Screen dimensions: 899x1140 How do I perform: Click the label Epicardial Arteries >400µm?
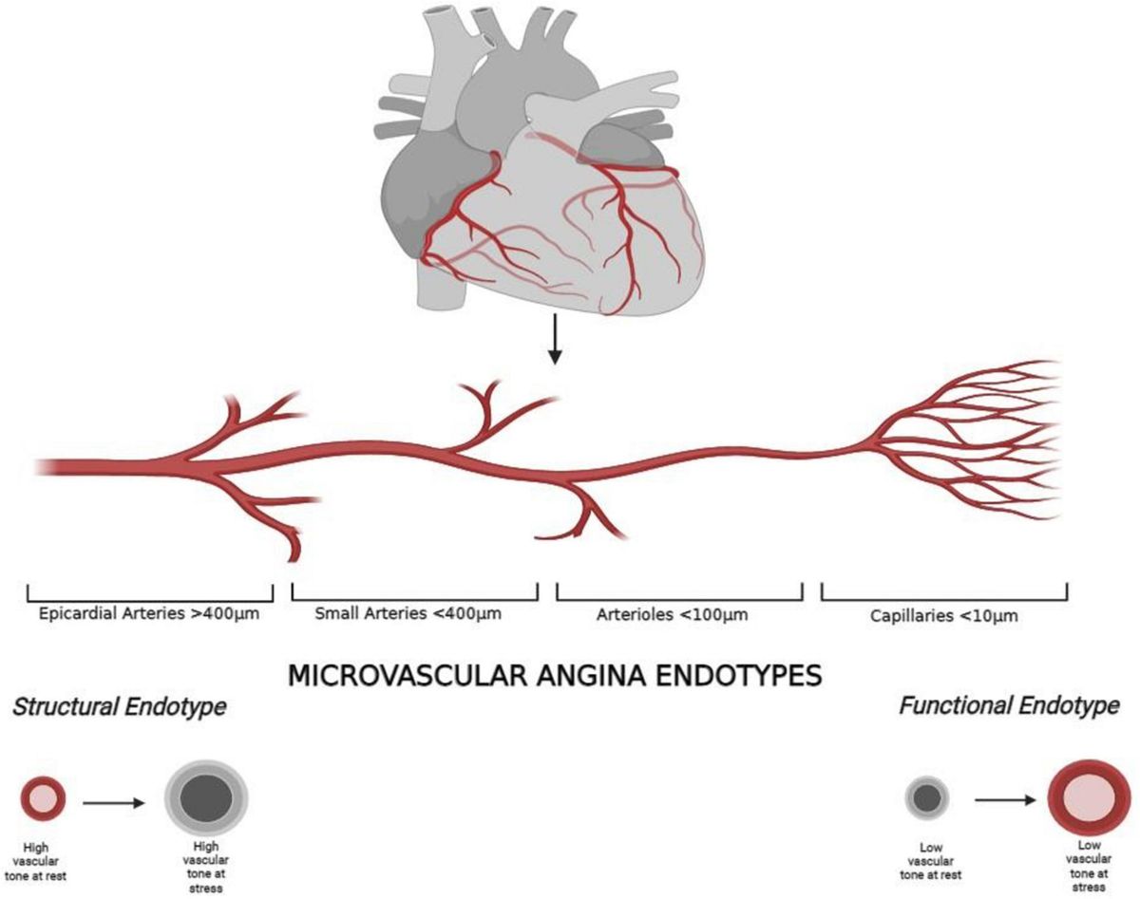[x=149, y=613]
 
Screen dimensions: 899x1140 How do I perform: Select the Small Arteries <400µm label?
[x=408, y=613]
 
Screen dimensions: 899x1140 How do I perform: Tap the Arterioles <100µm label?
[x=673, y=614]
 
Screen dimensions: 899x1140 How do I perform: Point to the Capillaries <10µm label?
[x=944, y=615]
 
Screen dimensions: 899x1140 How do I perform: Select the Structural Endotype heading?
[x=119, y=708]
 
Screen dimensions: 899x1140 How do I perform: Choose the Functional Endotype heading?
[x=1009, y=706]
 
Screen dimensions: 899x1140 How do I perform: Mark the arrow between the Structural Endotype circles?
[x=114, y=802]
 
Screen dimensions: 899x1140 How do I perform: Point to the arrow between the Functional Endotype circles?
[x=1007, y=800]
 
